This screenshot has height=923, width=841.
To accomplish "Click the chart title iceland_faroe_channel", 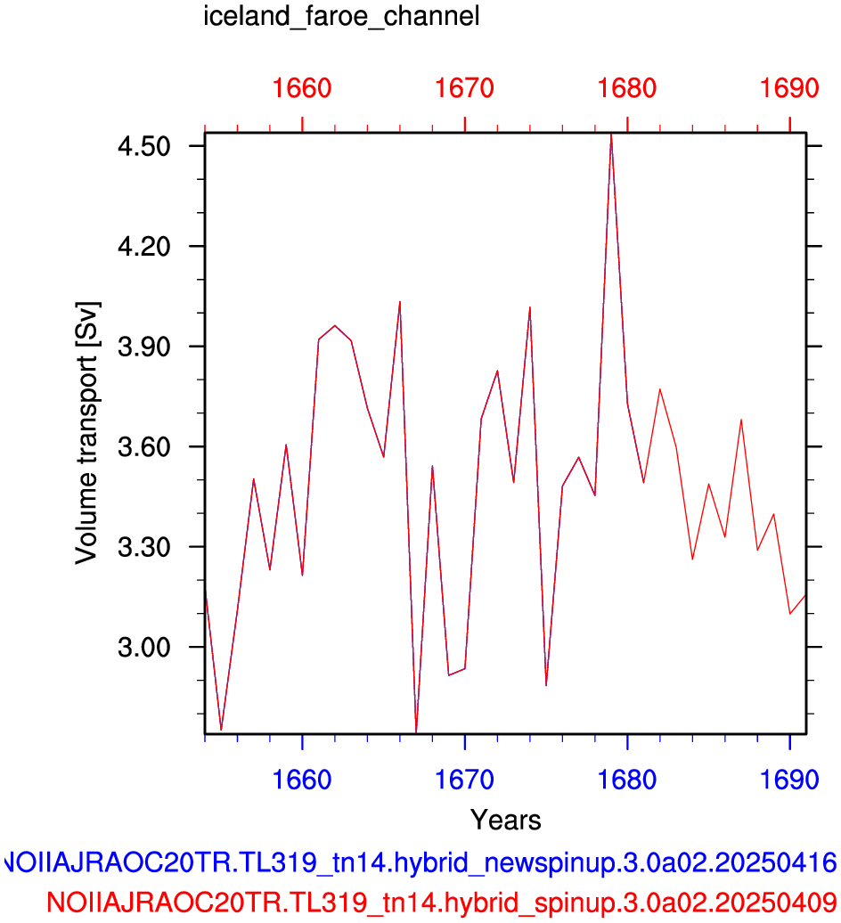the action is click(341, 16).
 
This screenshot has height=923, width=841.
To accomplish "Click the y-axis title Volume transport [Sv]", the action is click(87, 433).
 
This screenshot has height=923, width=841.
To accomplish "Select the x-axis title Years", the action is click(505, 820).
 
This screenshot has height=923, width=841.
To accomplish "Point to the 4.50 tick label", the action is click(144, 146).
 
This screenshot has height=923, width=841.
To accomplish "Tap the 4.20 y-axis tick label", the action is click(144, 246).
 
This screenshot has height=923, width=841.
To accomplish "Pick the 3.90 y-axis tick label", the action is click(144, 346).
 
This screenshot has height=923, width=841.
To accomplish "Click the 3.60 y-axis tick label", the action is click(144, 446).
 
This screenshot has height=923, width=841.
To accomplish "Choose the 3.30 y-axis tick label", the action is click(144, 547).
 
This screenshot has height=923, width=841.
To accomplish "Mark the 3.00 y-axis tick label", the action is click(144, 647).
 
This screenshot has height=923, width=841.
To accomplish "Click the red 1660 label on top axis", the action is click(302, 88).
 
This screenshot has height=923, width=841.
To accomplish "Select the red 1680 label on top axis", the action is click(627, 88).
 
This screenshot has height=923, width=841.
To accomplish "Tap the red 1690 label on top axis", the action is click(789, 88).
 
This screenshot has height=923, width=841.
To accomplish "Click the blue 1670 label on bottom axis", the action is click(464, 780).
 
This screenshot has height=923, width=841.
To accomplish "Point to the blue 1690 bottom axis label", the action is click(789, 780).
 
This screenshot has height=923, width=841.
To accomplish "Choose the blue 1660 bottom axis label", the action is click(302, 780).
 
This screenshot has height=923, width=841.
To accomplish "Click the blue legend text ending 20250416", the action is click(420, 863).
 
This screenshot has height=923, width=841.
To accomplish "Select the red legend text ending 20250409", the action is click(441, 902).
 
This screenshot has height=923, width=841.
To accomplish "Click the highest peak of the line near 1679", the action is click(611, 135).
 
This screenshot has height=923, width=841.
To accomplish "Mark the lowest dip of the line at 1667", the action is click(416, 731).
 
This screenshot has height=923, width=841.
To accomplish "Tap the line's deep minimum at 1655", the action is click(221, 730).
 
